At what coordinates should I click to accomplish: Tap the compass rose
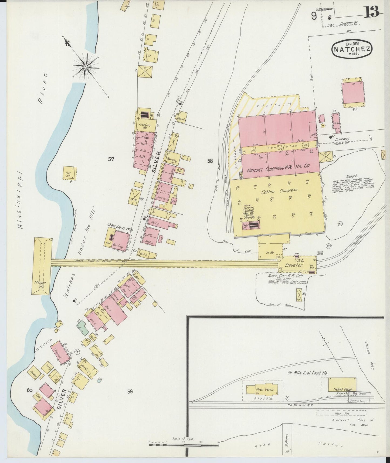[86, 66]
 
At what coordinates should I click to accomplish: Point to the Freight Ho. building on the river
[42, 266]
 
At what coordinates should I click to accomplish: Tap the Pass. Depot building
[263, 390]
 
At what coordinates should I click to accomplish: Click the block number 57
[111, 159]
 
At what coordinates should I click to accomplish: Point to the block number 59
[130, 391]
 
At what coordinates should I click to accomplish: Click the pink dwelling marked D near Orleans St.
[353, 93]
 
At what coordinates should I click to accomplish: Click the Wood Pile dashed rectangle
[341, 413]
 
